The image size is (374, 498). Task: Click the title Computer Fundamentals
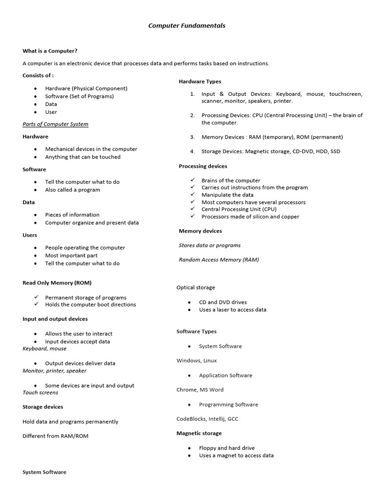tap(187, 26)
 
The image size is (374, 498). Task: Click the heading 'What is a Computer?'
tap(50, 51)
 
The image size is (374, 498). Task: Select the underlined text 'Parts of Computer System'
tap(56, 124)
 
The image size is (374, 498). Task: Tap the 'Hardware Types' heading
tap(200, 81)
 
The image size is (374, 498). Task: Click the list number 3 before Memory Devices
tap(192, 137)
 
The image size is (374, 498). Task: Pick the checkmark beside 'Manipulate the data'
tap(193, 195)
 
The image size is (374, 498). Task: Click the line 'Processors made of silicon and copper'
tap(250, 216)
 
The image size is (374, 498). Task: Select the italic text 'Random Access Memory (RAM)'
tap(219, 260)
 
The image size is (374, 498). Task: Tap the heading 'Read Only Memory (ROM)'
tap(57, 283)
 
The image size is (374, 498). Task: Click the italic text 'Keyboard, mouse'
tap(44, 349)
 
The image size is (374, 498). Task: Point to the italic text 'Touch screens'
tap(40, 392)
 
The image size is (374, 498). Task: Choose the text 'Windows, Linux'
tap(197, 360)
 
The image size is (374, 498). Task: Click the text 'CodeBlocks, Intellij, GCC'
tap(207, 419)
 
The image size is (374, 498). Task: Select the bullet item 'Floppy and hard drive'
tap(226, 448)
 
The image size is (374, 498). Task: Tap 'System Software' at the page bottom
tap(44, 472)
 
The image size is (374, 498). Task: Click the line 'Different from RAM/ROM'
tap(56, 436)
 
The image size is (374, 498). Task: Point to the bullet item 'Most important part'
tap(71, 255)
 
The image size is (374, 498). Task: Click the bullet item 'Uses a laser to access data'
tap(232, 310)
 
